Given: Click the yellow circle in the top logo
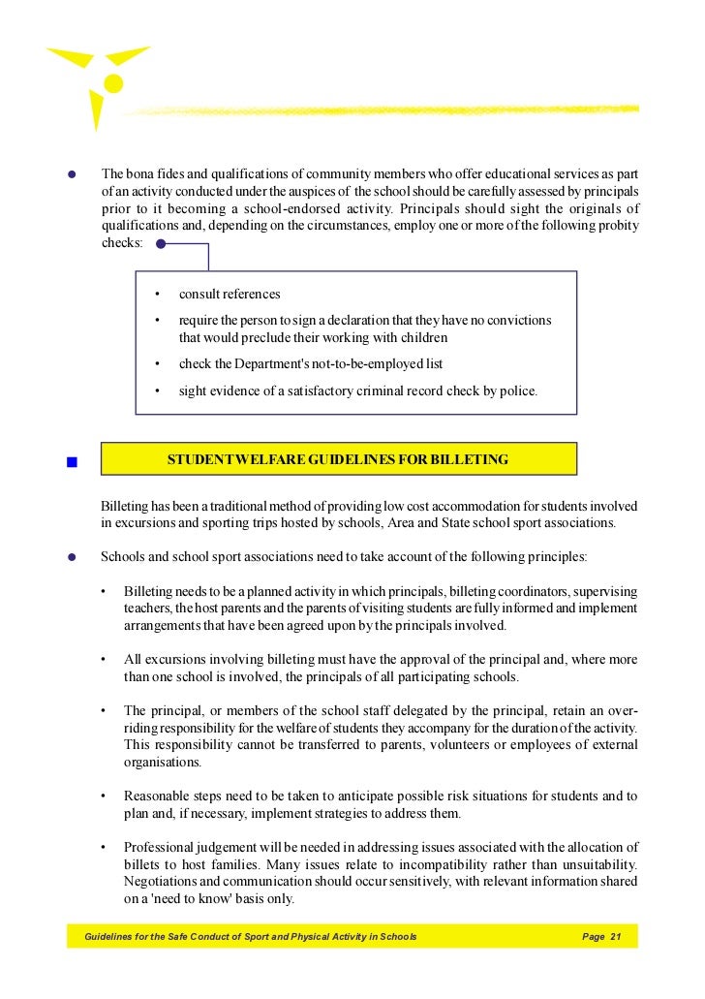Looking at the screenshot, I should [x=114, y=83].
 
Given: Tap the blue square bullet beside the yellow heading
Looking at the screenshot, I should [x=72, y=461].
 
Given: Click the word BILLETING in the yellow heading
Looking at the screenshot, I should [x=470, y=460].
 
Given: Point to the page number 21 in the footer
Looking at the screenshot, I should [x=615, y=937].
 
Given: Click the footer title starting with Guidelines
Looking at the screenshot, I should [x=250, y=937].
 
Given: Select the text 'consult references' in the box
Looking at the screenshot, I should [x=230, y=295].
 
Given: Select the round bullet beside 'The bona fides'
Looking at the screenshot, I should [x=72, y=174].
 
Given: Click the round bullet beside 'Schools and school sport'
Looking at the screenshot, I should [x=72, y=557].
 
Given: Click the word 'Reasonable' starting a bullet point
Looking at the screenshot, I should [x=158, y=796].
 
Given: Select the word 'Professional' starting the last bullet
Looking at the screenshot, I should [x=160, y=848].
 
